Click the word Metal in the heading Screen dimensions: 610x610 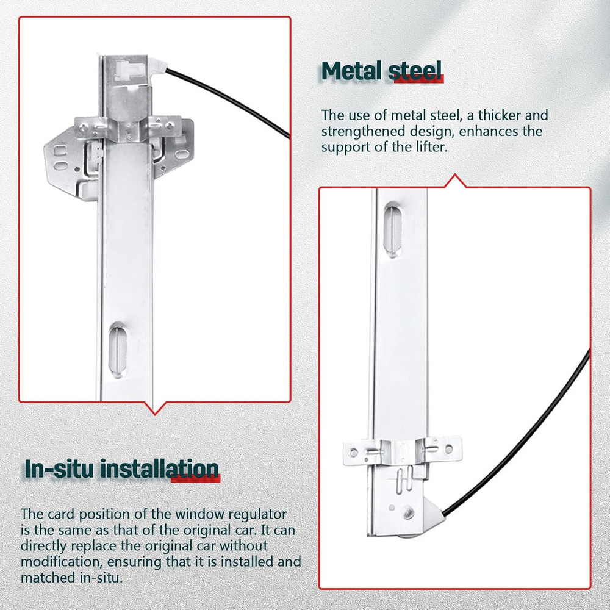tap(351, 71)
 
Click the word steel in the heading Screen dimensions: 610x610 tap(415, 71)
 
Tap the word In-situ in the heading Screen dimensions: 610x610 tap(59, 468)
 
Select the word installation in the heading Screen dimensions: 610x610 tap(160, 468)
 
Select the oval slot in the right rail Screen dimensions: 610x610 tap(392, 229)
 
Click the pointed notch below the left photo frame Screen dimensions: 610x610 tap(154, 409)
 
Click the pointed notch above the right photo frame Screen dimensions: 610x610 tap(455, 181)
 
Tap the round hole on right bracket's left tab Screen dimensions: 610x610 tap(354, 453)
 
